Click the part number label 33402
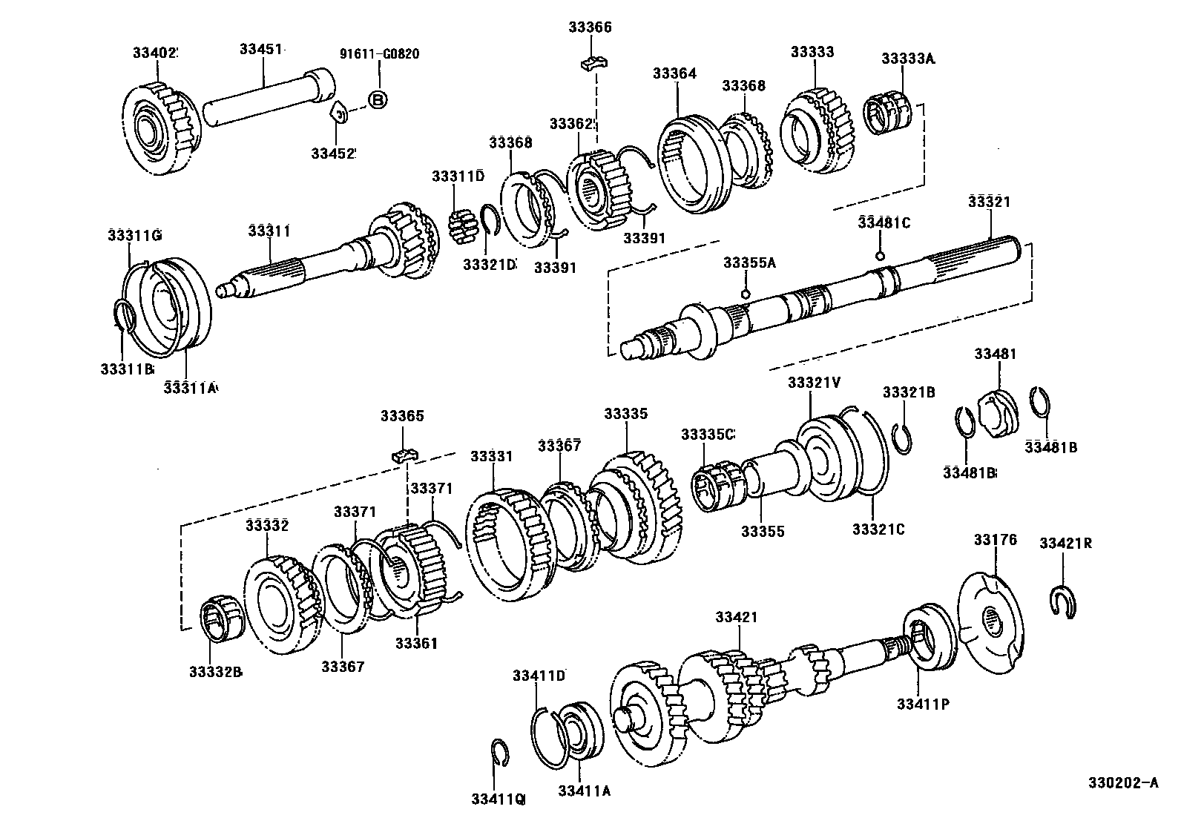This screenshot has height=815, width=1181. click(155, 53)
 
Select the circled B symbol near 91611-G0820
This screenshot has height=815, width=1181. click(378, 100)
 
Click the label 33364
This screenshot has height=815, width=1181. click(674, 73)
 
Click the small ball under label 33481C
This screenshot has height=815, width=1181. click(880, 256)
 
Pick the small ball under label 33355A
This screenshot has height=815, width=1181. click(746, 294)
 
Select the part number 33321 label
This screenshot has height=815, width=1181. click(989, 202)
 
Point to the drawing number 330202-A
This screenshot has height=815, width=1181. click(1122, 783)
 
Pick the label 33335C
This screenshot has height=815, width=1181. click(708, 435)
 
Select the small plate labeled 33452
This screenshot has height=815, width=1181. click(339, 113)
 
